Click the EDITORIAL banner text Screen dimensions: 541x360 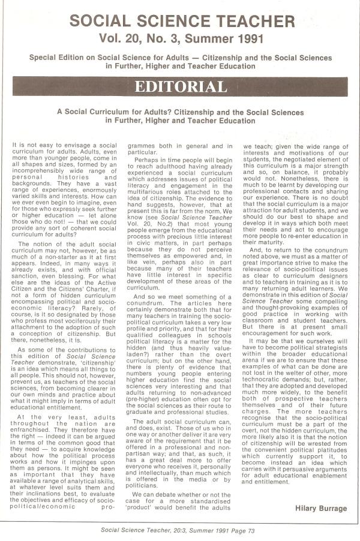pyautogui.click(x=180, y=86)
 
